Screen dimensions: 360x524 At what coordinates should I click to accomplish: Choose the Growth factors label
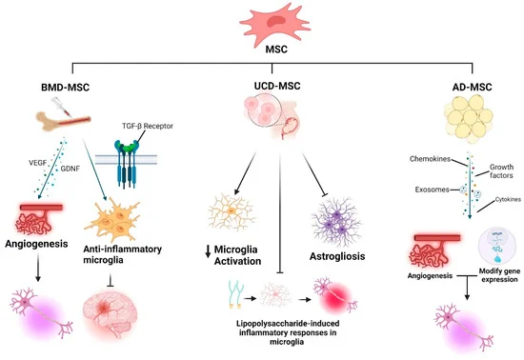(494, 170)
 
